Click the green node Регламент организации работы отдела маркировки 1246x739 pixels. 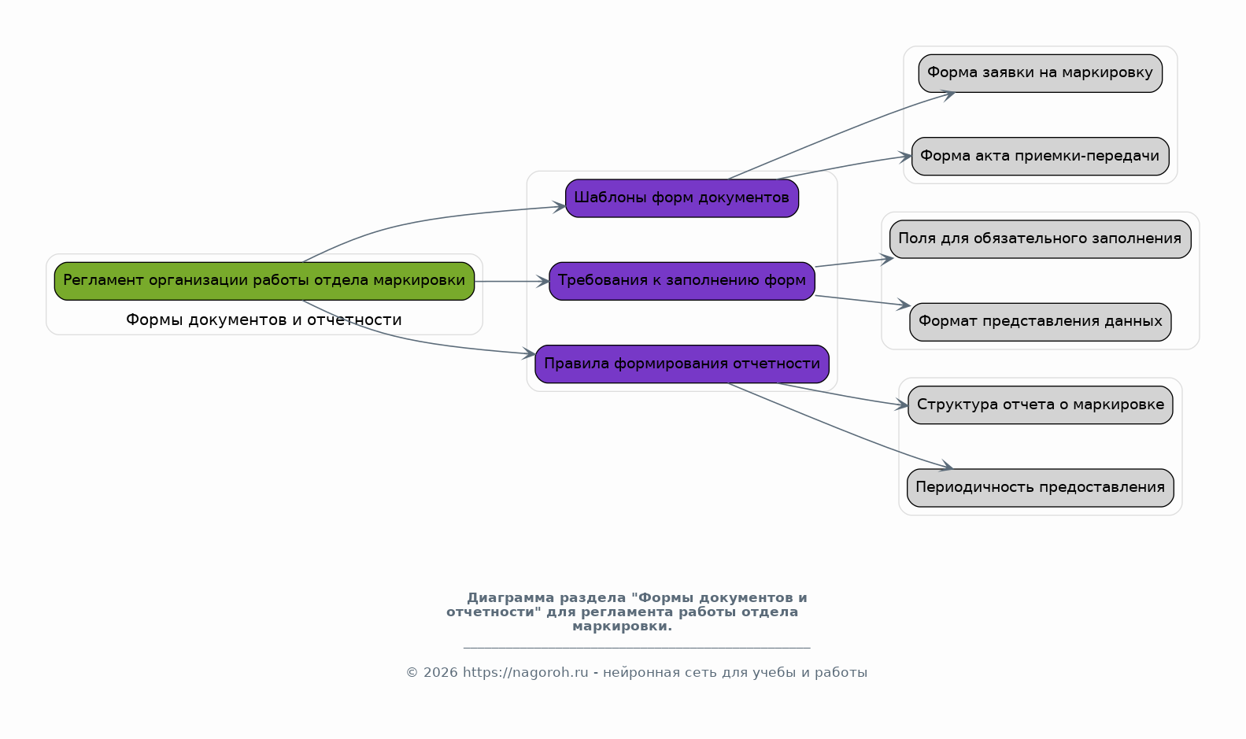coord(264,282)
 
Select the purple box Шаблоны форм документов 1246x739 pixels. coord(682,198)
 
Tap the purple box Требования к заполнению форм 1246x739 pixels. coord(682,282)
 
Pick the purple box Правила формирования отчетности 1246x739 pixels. coord(682,364)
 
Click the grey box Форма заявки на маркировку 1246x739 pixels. coord(1041,73)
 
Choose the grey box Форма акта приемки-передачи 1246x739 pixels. coord(1041,157)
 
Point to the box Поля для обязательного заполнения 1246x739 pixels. coord(1041,239)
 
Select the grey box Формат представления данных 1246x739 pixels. coord(1041,322)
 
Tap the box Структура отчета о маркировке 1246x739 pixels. coord(1041,405)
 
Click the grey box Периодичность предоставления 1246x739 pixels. coord(1041,488)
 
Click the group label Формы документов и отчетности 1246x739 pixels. coord(264,320)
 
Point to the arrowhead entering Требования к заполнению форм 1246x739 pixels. coord(543,282)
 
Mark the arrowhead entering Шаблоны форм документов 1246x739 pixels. coord(559,207)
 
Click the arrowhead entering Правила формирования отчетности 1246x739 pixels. coord(528,353)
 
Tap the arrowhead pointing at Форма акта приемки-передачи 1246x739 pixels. coord(905,157)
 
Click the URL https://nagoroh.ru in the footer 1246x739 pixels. coord(525,673)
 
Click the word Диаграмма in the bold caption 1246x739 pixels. coord(511,598)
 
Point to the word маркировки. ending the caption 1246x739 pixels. coord(622,626)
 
